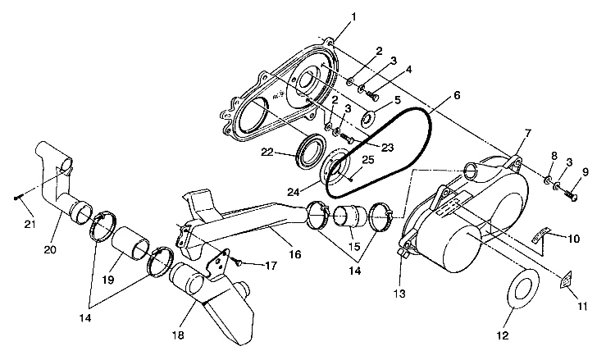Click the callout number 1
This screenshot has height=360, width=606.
coord(331,17)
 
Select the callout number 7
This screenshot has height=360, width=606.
coord(527,133)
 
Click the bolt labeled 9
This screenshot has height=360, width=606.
coord(571,194)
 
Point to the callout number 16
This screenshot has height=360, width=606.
coord(294,254)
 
